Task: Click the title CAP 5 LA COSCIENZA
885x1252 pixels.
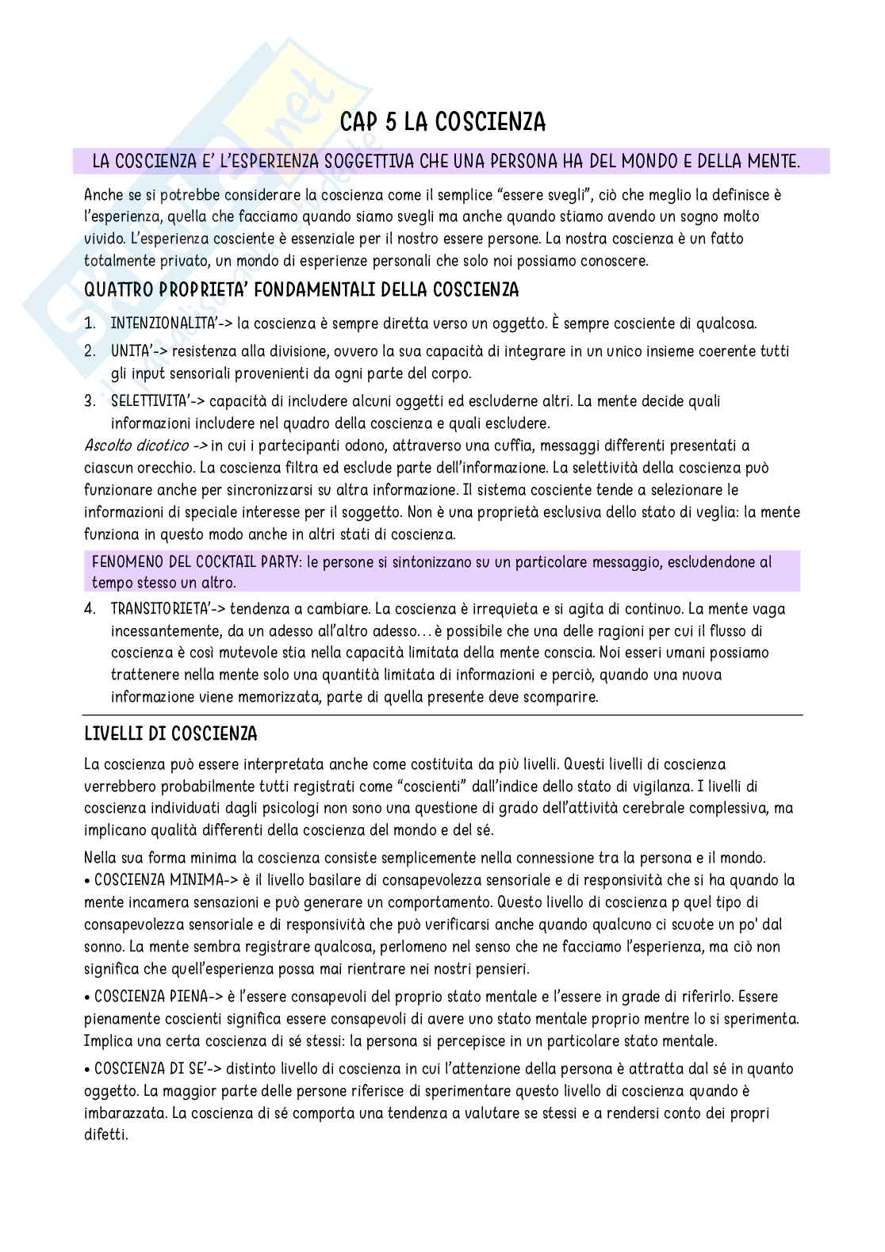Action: click(442, 122)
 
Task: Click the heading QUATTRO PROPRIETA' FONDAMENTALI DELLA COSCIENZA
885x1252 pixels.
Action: click(301, 290)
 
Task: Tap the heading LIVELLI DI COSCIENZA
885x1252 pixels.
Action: click(170, 734)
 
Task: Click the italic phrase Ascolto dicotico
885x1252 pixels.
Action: click(136, 445)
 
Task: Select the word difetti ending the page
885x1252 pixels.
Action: click(105, 1135)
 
